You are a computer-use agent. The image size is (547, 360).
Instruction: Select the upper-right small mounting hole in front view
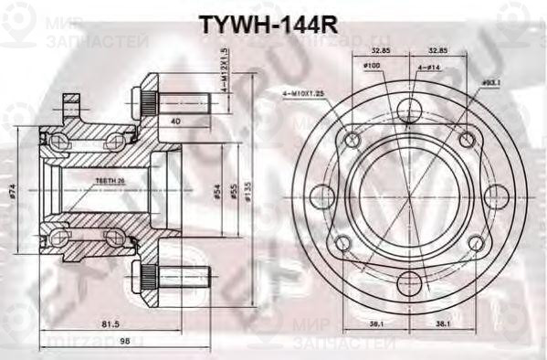pyautogui.click(x=468, y=138)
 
